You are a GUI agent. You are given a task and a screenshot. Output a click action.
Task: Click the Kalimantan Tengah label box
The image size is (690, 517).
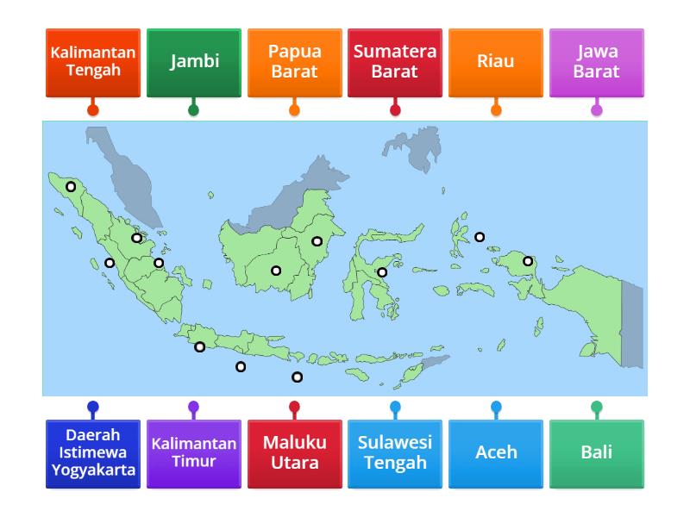coord(92,62)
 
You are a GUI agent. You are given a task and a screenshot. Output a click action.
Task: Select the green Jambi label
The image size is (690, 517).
coord(193,62)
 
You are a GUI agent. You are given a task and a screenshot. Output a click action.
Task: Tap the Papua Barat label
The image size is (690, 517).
coord(294,62)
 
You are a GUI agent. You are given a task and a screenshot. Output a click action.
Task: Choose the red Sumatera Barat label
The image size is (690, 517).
coord(395,62)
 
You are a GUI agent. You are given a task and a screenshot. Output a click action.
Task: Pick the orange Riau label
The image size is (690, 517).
coord(496,62)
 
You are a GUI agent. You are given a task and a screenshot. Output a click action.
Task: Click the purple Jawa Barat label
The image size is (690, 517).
coord(596,62)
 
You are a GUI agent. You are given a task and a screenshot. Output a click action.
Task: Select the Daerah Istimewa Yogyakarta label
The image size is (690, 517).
coord(92,453)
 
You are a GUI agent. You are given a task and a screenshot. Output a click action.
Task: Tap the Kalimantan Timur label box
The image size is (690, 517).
coord(193,453)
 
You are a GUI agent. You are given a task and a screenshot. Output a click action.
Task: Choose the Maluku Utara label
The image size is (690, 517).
coord(294,453)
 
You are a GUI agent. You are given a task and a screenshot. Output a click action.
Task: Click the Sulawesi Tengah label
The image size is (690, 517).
coord(395,453)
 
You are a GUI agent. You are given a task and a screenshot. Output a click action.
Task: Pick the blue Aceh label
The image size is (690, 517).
coord(496,453)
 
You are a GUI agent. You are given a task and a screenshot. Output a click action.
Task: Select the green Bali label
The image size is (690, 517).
coord(596,453)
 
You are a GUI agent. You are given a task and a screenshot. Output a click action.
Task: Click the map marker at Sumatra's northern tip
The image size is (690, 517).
coord(71,186)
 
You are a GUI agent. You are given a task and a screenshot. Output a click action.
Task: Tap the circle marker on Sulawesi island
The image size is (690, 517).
coord(382,272)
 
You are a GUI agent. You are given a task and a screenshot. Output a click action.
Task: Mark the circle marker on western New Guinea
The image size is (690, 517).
coord(528,260)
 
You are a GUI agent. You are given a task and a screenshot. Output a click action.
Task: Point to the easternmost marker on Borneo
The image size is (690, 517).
coord(317,241)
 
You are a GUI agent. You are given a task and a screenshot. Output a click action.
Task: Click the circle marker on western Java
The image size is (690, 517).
coord(199,347)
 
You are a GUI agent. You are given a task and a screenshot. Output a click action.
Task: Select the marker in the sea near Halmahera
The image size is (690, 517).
coord(480,237)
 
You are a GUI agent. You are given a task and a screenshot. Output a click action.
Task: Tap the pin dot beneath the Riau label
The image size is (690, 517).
coord(496,110)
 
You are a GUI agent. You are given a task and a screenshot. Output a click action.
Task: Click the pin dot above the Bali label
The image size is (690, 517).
coord(596,407)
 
